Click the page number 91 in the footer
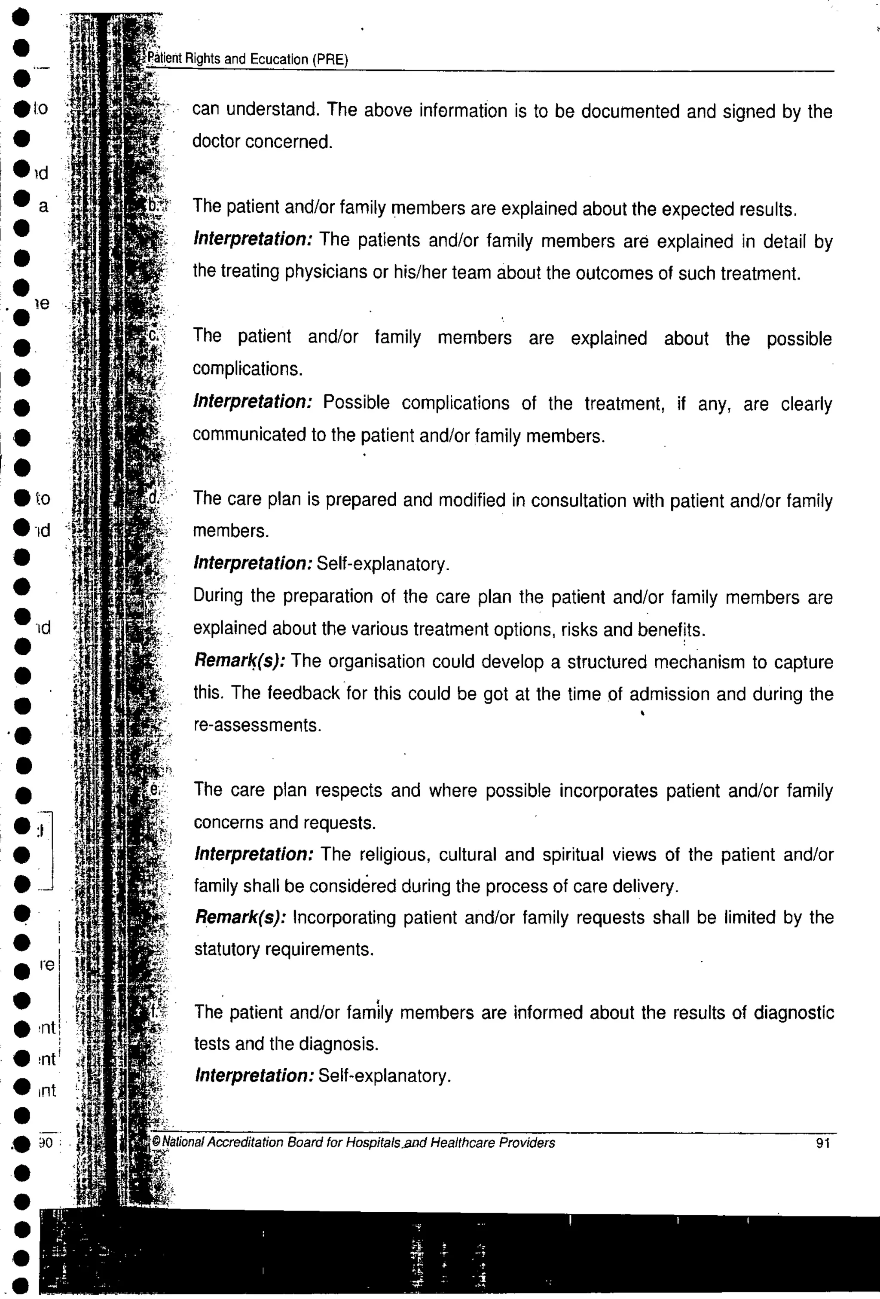tap(822, 1143)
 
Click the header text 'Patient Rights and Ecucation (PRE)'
tap(247, 59)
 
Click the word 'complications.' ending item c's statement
tap(247, 370)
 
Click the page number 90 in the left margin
tap(45, 1143)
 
